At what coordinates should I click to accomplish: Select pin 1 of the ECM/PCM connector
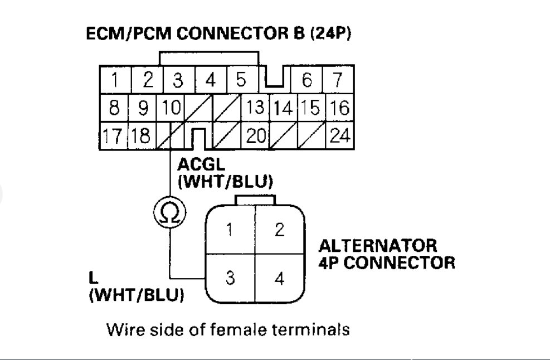pos(113,81)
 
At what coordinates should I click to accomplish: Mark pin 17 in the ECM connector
pos(113,134)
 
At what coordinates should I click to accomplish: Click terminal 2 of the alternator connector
pos(279,230)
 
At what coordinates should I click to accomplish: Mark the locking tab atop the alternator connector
pos(255,200)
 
